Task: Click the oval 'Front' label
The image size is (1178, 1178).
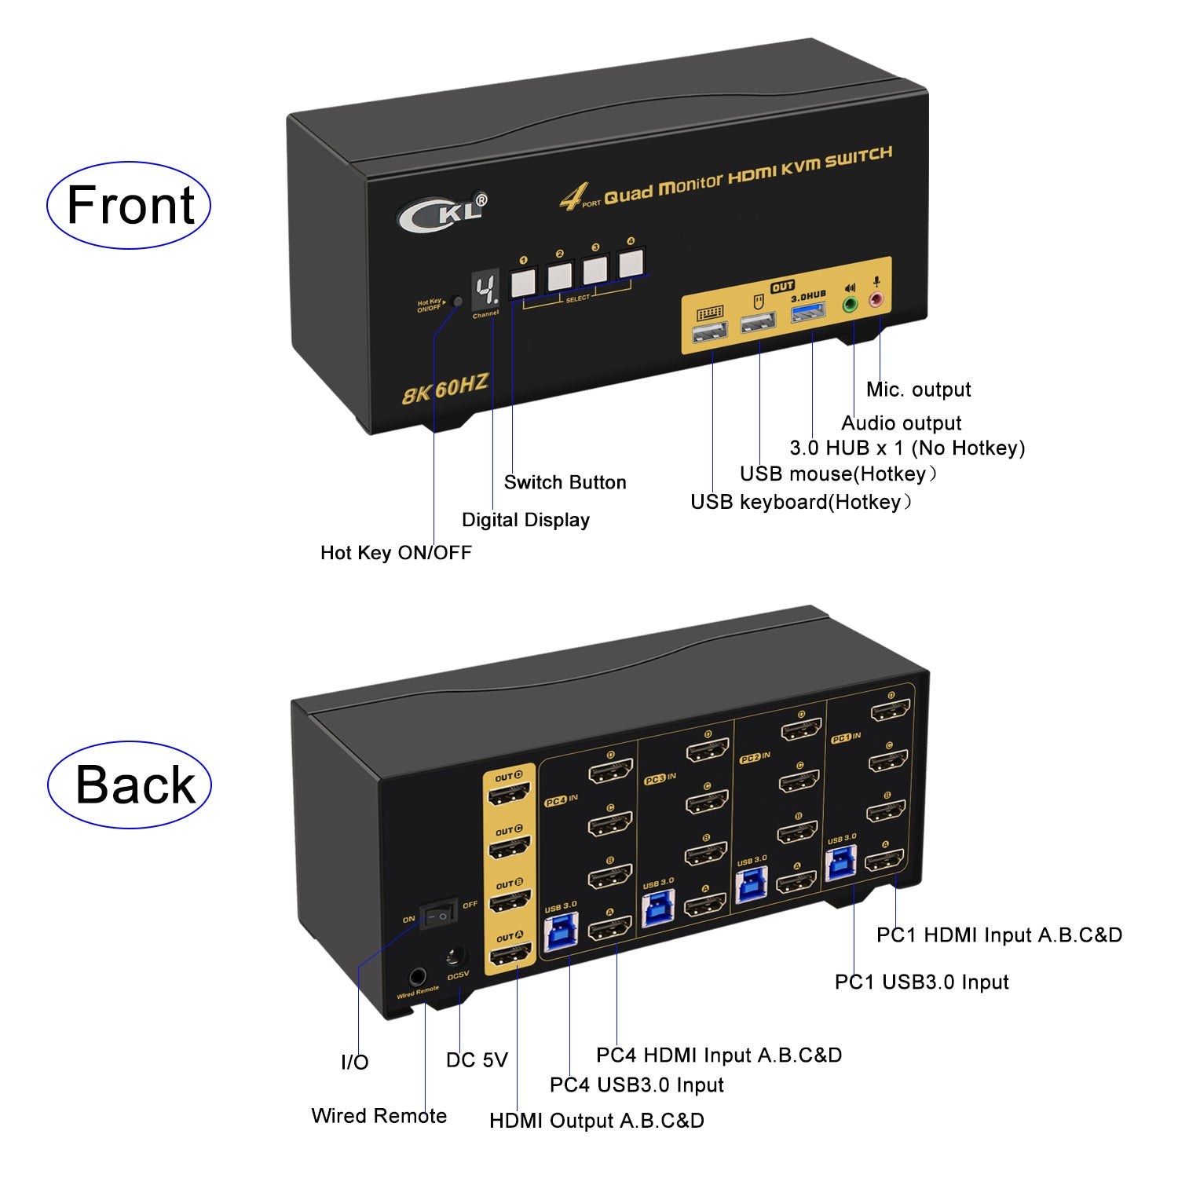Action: coord(130,206)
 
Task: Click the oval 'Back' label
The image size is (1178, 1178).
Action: coord(131,785)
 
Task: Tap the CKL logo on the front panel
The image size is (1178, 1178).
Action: coord(441,213)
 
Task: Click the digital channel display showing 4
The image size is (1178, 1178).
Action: coord(485,291)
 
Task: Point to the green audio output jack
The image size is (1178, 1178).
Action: coord(849,304)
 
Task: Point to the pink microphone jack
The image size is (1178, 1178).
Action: coord(876,299)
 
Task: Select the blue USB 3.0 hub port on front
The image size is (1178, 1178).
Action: coord(808,313)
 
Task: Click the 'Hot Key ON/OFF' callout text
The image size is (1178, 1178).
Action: coord(396,553)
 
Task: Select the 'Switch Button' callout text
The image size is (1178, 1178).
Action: coord(565,482)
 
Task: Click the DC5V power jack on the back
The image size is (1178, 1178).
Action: coord(455,958)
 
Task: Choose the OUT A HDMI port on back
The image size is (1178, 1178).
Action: coord(510,956)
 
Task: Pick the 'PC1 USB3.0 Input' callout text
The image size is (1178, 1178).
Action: coord(921,982)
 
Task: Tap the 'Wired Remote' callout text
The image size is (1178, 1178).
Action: coord(379,1116)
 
